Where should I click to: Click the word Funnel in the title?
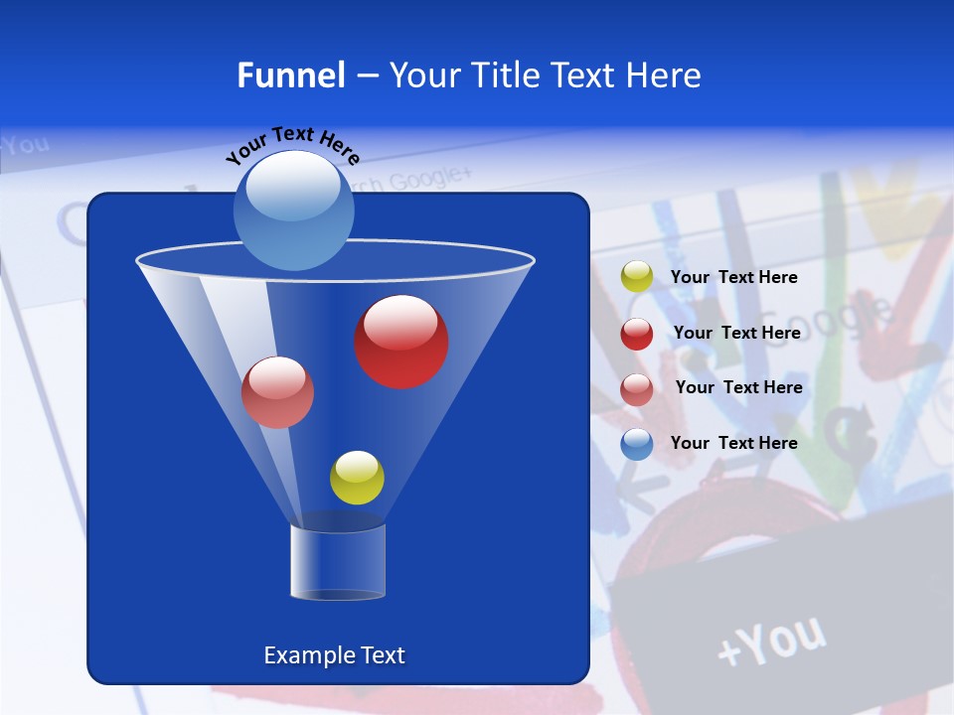pyautogui.click(x=290, y=75)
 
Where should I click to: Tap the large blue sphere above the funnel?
pyautogui.click(x=293, y=210)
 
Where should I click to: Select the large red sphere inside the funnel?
pyautogui.click(x=400, y=342)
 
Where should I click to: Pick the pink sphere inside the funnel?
pyautogui.click(x=277, y=392)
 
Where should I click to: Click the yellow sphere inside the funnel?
pyautogui.click(x=357, y=478)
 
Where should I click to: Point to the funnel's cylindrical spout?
pyautogui.click(x=338, y=562)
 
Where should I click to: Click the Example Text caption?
pyautogui.click(x=334, y=655)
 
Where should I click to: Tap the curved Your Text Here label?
pyautogui.click(x=292, y=145)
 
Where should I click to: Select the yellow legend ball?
pyautogui.click(x=637, y=277)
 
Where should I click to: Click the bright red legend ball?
pyautogui.click(x=637, y=334)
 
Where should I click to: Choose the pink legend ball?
pyautogui.click(x=637, y=389)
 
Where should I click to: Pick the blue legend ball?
pyautogui.click(x=637, y=444)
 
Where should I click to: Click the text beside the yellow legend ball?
pyautogui.click(x=733, y=277)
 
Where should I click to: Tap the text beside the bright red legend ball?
pyautogui.click(x=736, y=333)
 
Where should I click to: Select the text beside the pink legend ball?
pyautogui.click(x=738, y=387)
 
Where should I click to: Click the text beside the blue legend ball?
pyautogui.click(x=733, y=443)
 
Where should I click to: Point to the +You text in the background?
pyautogui.click(x=771, y=641)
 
